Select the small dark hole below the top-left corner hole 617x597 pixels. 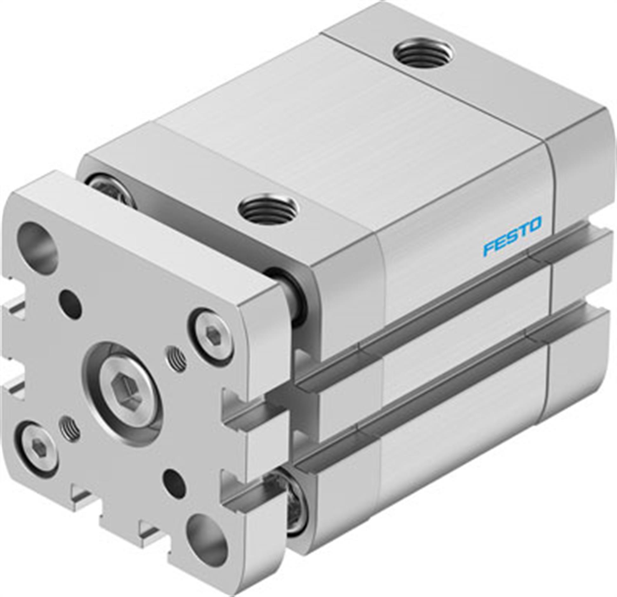tap(71, 300)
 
